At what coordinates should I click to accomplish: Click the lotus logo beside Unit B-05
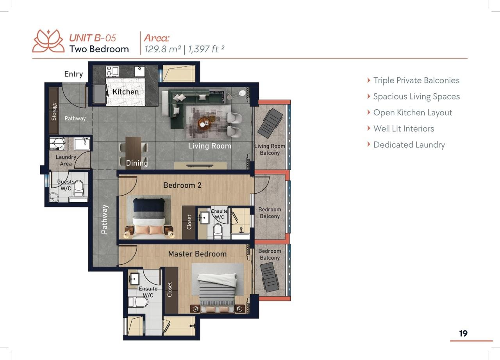[48, 41]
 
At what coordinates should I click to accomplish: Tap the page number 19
[463, 333]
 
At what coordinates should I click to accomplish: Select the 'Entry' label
[73, 74]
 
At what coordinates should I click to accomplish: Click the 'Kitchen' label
[125, 92]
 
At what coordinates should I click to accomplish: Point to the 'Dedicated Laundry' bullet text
[409, 145]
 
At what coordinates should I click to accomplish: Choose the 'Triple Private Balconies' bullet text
[416, 80]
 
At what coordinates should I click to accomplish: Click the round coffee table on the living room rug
[205, 123]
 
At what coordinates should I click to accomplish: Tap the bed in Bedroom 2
[149, 218]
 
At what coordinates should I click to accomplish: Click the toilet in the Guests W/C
[79, 188]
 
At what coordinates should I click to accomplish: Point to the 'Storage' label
[54, 112]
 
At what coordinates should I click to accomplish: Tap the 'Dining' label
[137, 163]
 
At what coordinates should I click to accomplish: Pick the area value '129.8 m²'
[162, 49]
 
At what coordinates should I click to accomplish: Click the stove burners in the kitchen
[109, 71]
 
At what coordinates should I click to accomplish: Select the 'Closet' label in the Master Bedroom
[170, 289]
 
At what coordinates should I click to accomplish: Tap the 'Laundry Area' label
[66, 160]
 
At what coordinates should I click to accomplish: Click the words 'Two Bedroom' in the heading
[99, 49]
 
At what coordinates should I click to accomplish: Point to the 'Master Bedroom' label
[197, 254]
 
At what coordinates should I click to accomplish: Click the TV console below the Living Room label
[200, 166]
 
